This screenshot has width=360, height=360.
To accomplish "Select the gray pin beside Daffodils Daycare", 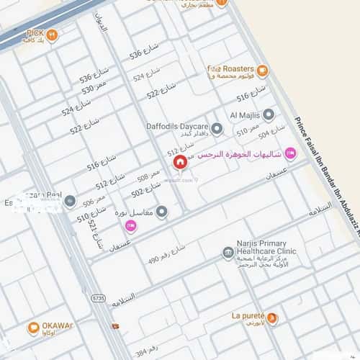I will pos(217,129).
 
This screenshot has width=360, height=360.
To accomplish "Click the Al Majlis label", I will pos(243,115).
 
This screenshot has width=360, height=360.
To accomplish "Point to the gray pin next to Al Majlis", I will pos(269,114).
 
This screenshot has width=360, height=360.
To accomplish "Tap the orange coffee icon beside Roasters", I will pos(263,70).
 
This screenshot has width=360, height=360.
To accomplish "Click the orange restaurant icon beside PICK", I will pos(52,34).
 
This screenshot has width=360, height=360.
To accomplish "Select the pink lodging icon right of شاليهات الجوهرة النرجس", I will pos(290,153).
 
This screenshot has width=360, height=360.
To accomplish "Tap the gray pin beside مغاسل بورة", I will pos(162,212).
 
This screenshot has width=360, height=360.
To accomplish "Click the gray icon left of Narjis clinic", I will pos(228,253).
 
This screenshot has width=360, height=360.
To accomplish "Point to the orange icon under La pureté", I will pos(272,319).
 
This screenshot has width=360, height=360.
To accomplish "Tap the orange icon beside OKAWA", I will pos(33,328).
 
